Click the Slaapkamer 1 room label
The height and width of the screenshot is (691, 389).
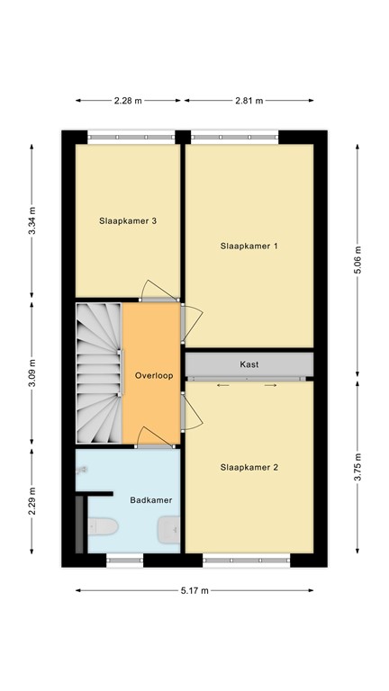(x=249, y=245)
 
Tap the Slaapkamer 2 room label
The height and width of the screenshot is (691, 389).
(x=249, y=467)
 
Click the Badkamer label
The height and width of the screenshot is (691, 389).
(x=151, y=499)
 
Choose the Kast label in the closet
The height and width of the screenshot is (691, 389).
(x=249, y=364)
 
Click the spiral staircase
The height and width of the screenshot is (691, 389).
(x=97, y=372)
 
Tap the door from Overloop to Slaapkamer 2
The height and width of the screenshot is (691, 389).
(x=192, y=411)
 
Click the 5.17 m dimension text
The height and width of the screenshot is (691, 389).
(x=194, y=590)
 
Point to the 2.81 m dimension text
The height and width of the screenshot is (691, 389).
(x=249, y=101)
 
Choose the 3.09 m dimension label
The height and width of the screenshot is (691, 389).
(x=33, y=372)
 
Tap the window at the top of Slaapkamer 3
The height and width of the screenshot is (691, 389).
(x=131, y=137)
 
